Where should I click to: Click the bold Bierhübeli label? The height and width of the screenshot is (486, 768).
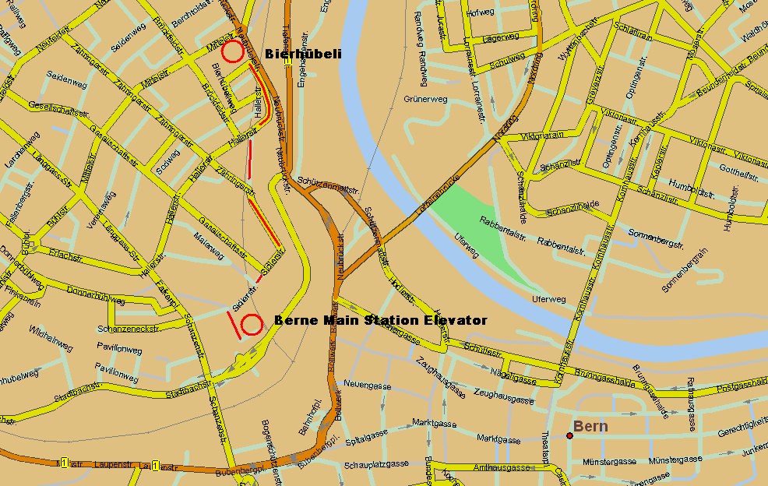pos(303,54)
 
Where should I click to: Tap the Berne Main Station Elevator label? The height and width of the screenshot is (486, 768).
pos(381,320)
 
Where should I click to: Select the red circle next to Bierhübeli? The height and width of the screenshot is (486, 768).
pos(231,52)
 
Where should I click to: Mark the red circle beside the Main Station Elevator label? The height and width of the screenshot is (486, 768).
pos(251,325)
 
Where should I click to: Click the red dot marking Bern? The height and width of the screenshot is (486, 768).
pos(569,435)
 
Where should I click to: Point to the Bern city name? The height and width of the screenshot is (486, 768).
pos(590,426)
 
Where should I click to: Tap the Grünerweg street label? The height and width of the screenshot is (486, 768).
pos(425,100)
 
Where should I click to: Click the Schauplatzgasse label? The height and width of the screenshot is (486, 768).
pos(376,464)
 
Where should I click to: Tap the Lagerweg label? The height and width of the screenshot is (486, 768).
pos(500,37)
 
